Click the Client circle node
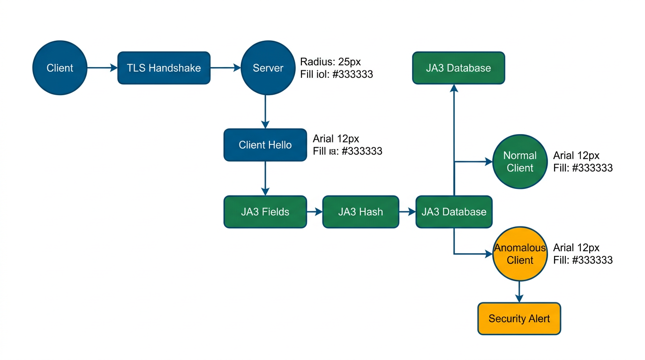[x=60, y=68]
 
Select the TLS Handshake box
[x=164, y=68]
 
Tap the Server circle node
[x=268, y=68]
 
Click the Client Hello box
[x=265, y=145]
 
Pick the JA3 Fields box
[x=265, y=212]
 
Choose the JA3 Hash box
[x=360, y=212]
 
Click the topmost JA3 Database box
[x=458, y=68]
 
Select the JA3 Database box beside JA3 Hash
[x=453, y=212]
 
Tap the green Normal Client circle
[x=520, y=162]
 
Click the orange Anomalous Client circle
[x=520, y=254]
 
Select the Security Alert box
[x=519, y=319]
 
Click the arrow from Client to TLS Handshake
[x=102, y=68]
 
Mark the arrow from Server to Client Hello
[x=265, y=112]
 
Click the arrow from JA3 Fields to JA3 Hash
[x=315, y=212]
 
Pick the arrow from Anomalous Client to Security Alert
[x=519, y=292]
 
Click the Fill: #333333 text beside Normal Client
[x=583, y=168]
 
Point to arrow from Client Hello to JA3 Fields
[x=265, y=178]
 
